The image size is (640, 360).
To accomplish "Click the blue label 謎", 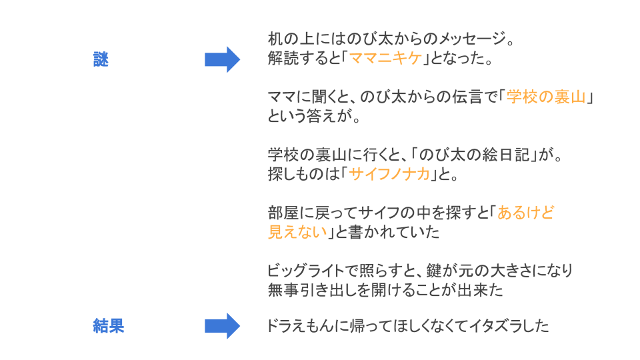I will click(101, 60).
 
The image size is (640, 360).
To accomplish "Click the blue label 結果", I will click(109, 326).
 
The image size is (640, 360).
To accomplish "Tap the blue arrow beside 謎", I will click(222, 59).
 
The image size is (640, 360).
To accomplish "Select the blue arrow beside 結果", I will click(222, 326).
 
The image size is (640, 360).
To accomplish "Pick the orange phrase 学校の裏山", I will click(546, 97).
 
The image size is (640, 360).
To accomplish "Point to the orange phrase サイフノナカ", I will click(389, 175).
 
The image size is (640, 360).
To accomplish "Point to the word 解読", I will click(283, 59).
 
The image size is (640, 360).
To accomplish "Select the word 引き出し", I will click(331, 291).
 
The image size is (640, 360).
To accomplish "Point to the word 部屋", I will click(283, 213).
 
